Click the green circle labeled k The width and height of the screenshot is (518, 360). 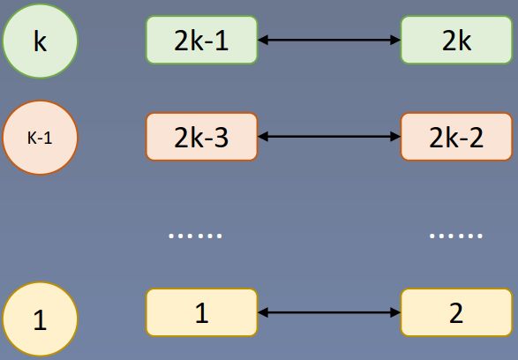pos(41,41)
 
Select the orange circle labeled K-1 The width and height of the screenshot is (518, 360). pos(41,139)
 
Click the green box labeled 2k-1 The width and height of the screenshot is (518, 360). pos(202,40)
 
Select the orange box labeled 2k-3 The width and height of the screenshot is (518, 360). pos(202,137)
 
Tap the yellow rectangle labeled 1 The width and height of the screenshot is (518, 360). pos(202,311)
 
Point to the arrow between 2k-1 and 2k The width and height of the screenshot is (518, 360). pos(329,40)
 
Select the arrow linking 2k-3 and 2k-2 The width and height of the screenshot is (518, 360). pos(329,137)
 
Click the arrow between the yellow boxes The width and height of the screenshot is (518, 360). pos(329,311)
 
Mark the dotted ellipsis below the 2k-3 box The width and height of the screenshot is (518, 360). pos(195,236)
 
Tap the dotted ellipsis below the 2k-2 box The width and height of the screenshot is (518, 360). pos(455,236)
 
